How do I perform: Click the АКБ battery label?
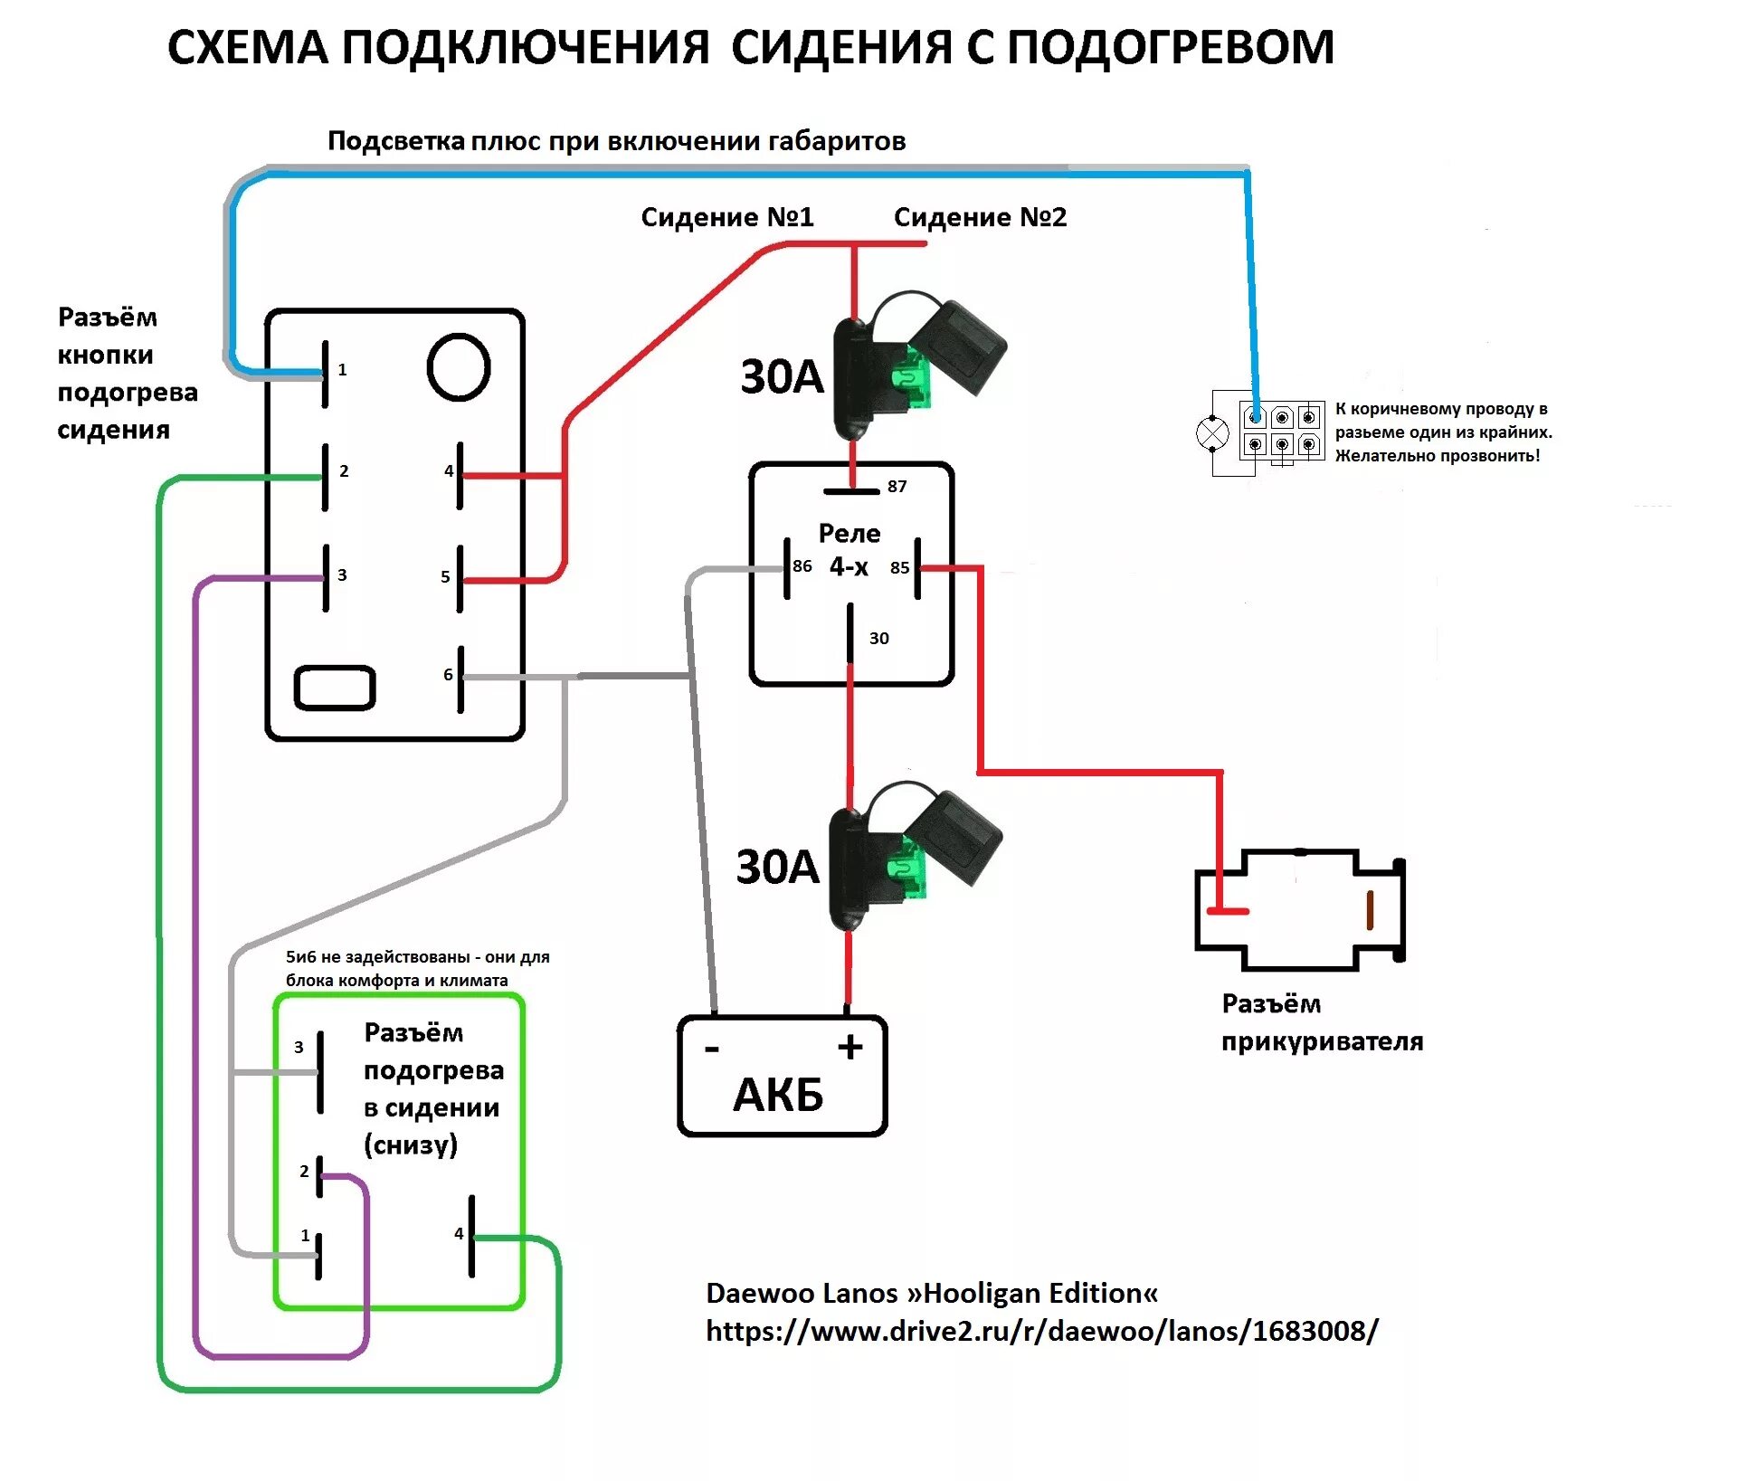(x=778, y=1095)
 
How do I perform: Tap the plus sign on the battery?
(x=850, y=1048)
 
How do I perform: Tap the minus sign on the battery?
(x=712, y=1049)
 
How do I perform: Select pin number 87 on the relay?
(x=897, y=487)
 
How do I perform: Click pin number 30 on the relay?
(x=878, y=639)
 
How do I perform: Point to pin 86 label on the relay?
(x=802, y=566)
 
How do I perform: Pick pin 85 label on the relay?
(x=899, y=568)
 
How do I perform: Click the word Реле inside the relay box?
(x=849, y=533)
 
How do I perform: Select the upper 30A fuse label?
(x=782, y=376)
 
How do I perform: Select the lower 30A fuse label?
(x=777, y=867)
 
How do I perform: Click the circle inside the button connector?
(x=459, y=367)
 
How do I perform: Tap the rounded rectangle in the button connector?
(x=335, y=688)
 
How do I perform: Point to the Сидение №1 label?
(x=727, y=217)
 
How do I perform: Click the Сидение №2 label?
(x=980, y=217)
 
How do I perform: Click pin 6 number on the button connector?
(x=448, y=675)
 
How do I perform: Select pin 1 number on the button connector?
(x=342, y=370)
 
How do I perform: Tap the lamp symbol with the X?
(x=1212, y=433)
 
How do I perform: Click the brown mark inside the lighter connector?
(x=1370, y=910)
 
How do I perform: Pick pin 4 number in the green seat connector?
(x=459, y=1234)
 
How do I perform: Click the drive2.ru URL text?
(x=1041, y=1331)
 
